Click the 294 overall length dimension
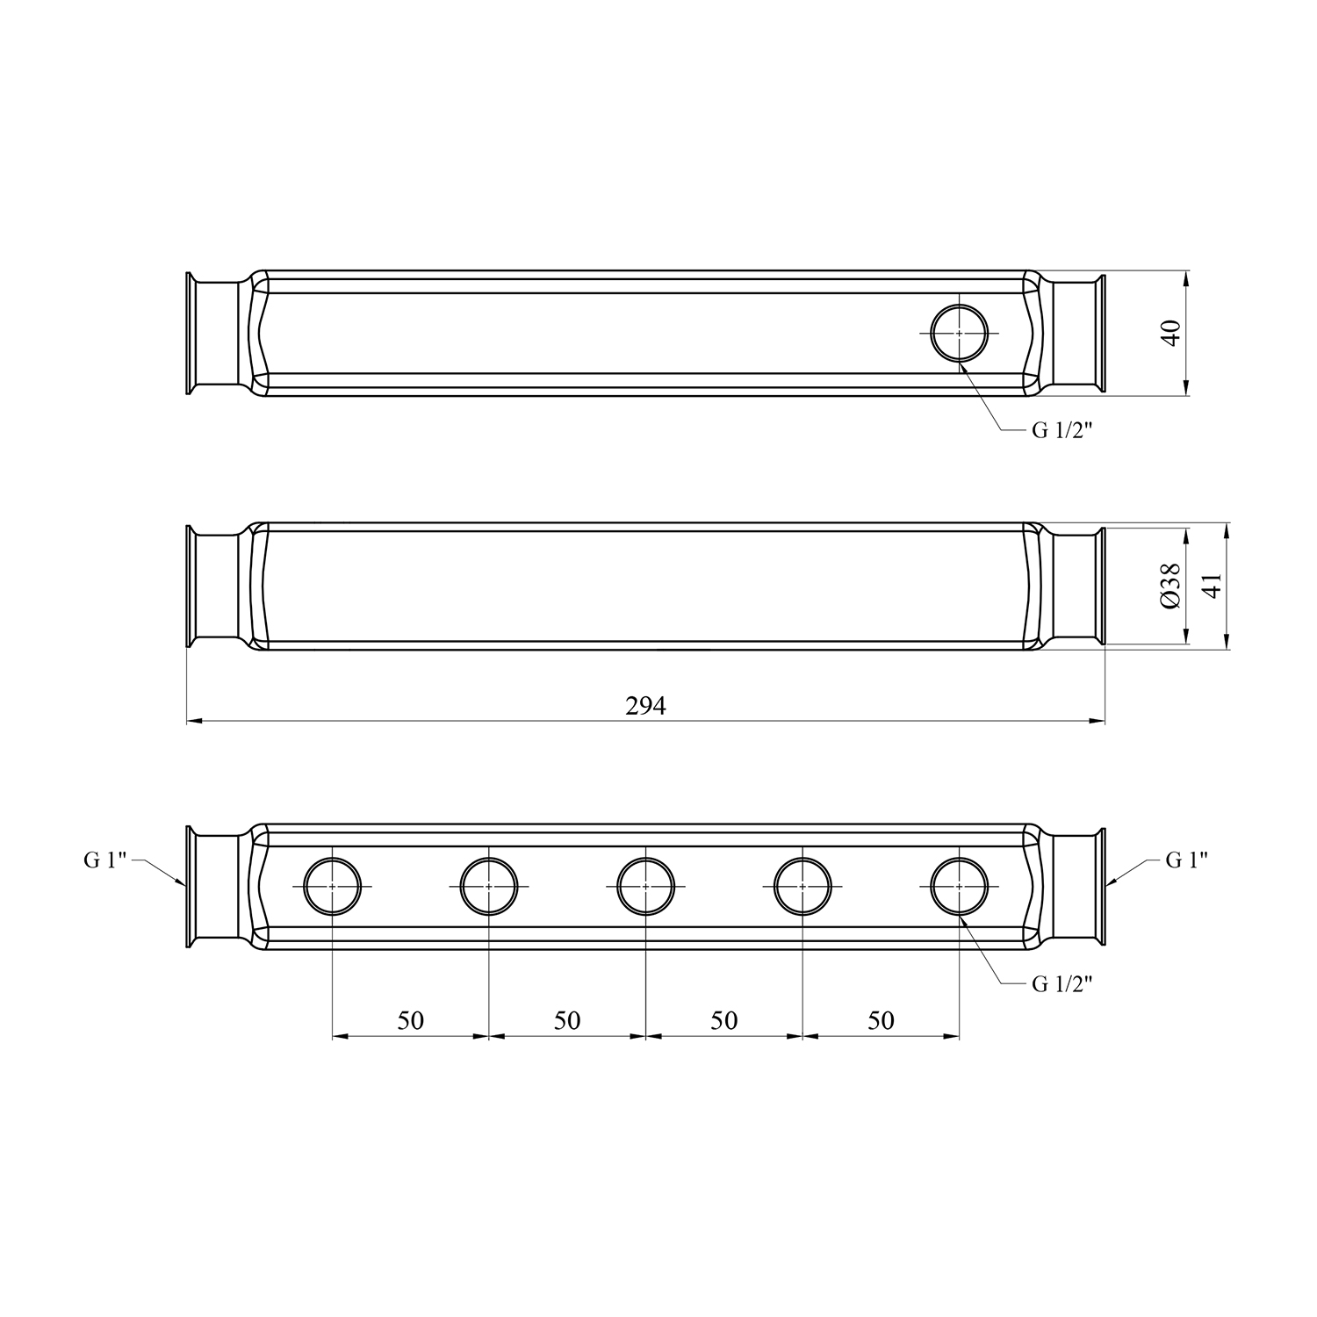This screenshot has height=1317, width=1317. click(x=645, y=706)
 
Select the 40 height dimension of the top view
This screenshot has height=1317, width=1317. click(x=1171, y=334)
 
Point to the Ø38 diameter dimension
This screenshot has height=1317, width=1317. click(x=1169, y=586)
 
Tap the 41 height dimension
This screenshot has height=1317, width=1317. click(x=1212, y=586)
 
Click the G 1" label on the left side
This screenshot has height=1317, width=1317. click(x=105, y=860)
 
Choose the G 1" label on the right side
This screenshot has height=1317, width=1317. click(x=1187, y=860)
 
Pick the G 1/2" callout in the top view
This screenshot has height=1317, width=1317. click(x=1062, y=431)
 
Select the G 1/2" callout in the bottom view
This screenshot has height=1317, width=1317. click(x=1062, y=984)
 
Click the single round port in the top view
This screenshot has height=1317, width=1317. click(x=959, y=305)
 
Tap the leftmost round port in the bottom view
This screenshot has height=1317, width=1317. click(x=333, y=858)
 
